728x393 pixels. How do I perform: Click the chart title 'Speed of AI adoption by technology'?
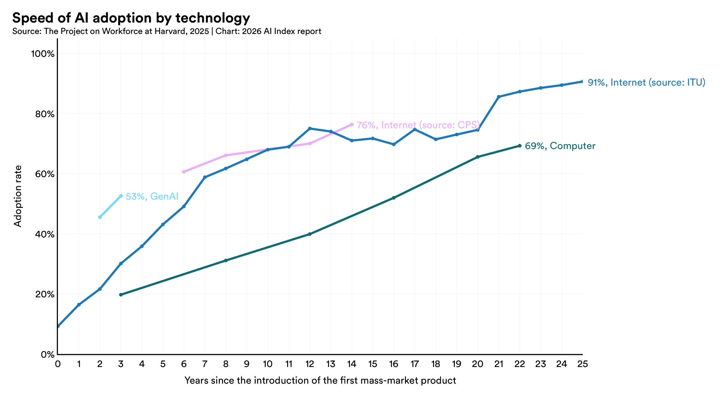pos(131,18)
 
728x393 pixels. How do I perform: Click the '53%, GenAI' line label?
pos(152,196)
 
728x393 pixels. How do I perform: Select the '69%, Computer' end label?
pos(560,146)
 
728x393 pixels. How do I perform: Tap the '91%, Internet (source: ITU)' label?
pos(646,82)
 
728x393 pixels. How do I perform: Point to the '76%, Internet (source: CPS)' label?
pos(418,125)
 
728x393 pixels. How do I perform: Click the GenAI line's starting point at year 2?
pos(100,217)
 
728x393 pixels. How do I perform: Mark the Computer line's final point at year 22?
pos(519,146)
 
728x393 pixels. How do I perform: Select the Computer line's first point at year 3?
pos(121,295)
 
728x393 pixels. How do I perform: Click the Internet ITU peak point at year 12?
pos(310,129)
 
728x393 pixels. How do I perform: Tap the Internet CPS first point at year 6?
pos(184,172)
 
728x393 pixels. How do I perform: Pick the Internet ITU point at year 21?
pos(499,97)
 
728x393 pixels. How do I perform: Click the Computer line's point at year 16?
pos(393,198)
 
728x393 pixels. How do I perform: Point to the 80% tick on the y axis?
pos(43,114)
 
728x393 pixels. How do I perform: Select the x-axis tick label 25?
pos(582,364)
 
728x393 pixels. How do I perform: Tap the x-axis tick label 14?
pos(352,364)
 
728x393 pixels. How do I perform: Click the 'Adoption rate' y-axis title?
pos(18,196)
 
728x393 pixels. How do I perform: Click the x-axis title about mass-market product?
pos(320,381)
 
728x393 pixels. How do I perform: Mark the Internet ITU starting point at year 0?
pos(58,326)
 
